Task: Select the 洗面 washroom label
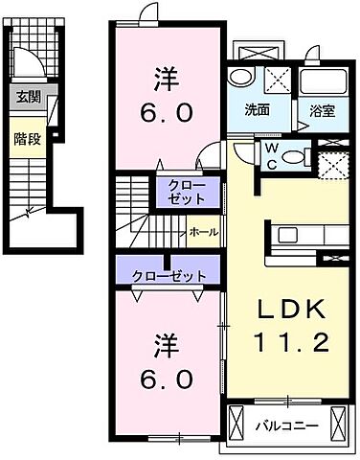tap(255, 109)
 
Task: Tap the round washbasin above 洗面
tap(242, 78)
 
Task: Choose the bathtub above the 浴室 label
tap(323, 80)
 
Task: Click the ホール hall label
tap(202, 231)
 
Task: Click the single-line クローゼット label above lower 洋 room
tap(170, 276)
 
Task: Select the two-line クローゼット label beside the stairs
tap(179, 193)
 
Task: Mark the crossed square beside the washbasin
tap(277, 78)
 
